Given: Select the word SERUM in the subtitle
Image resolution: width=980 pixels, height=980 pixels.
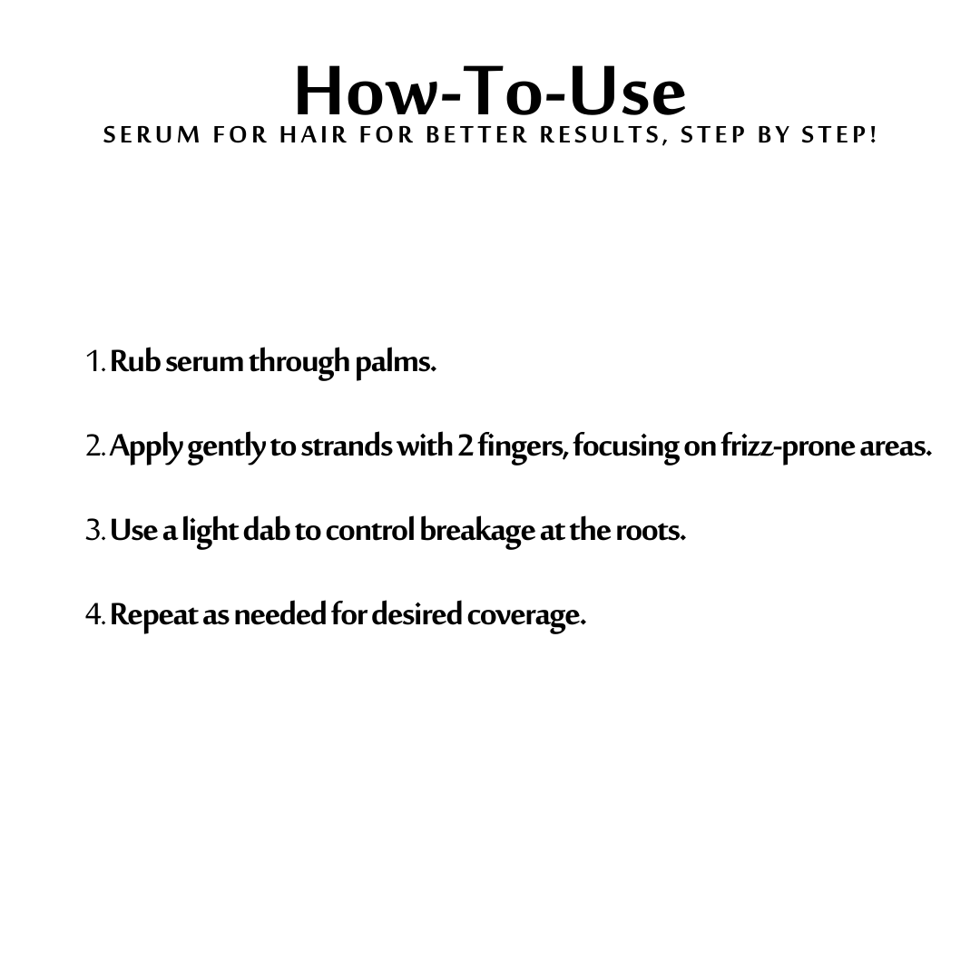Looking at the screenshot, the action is tap(152, 135).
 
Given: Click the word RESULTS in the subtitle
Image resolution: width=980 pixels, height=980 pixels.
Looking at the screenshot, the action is tap(601, 135).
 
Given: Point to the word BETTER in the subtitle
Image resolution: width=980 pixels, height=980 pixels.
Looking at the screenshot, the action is tap(477, 135).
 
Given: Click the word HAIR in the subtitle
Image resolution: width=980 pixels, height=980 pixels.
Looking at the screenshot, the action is tap(313, 135).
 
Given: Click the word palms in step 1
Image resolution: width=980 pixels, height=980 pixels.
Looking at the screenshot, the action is tap(396, 363).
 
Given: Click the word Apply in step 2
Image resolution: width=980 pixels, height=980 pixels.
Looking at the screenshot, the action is tap(147, 447).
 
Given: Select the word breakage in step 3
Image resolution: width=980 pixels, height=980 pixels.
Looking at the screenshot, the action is tap(477, 532).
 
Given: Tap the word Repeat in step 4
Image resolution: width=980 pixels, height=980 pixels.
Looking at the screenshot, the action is tap(156, 616).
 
